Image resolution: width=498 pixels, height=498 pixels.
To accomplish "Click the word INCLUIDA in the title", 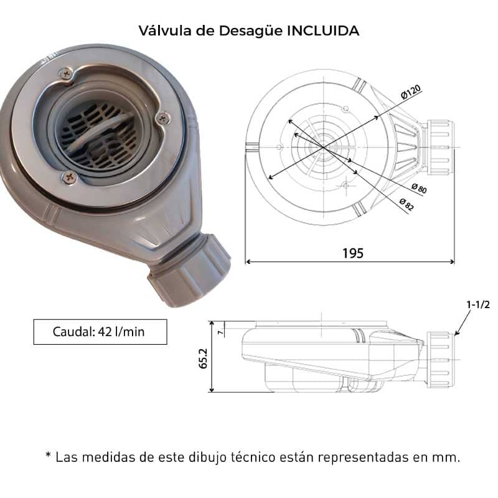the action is [x=323, y=31].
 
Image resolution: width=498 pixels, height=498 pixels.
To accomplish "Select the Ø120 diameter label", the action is [x=411, y=92].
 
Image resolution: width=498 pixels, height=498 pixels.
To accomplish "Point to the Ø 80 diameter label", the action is [x=419, y=189].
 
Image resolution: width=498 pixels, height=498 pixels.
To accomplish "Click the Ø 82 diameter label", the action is [x=407, y=205].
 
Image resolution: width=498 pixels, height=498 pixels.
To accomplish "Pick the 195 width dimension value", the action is [x=353, y=253].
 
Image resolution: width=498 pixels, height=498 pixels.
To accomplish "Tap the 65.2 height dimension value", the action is [x=203, y=359].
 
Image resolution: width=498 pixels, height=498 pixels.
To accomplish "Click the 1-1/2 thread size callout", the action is [x=478, y=304].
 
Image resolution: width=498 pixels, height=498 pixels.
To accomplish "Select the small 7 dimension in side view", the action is [x=220, y=332].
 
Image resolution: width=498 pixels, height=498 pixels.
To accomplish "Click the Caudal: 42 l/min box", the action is [x=100, y=332].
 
